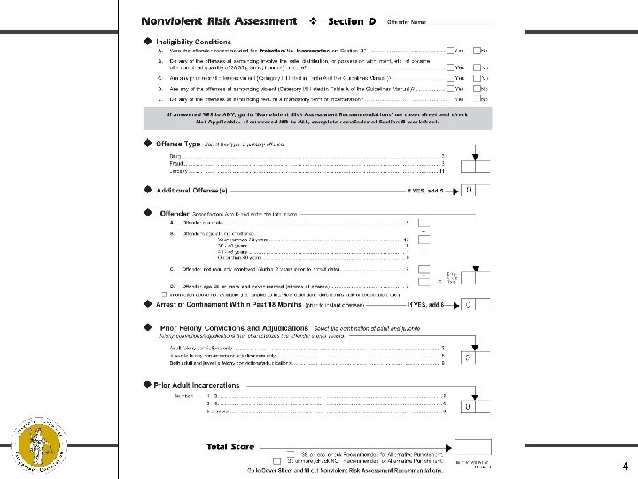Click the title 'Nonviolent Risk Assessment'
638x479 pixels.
coord(219,20)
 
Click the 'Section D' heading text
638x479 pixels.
coord(352,21)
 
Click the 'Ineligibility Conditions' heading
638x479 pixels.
coord(193,42)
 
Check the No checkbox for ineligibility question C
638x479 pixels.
coord(477,78)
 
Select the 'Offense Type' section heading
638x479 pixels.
coord(178,143)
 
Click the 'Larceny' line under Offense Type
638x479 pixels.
coord(181,171)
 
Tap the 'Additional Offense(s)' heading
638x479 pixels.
coord(191,190)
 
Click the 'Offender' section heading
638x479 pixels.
coord(175,214)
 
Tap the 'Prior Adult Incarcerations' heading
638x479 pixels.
coord(197,385)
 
